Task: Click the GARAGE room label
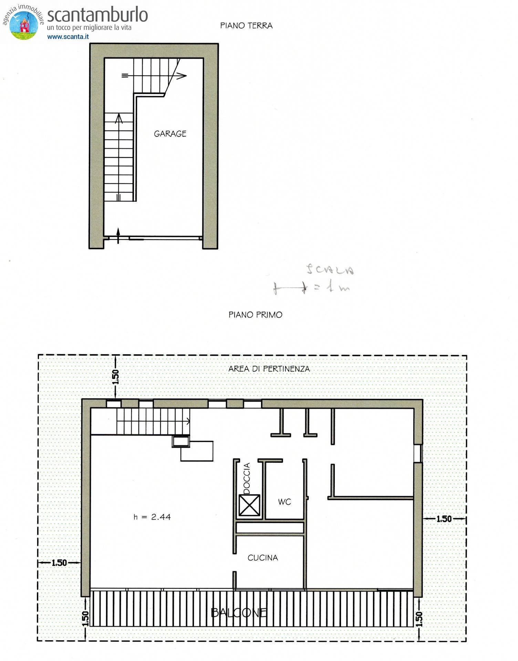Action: click(170, 134)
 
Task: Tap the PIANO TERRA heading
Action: click(246, 25)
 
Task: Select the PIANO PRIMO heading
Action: click(255, 315)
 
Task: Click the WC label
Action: click(284, 502)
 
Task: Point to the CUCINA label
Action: click(262, 558)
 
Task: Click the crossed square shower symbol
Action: click(249, 505)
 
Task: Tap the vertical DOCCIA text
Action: click(247, 478)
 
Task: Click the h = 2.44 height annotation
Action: click(152, 517)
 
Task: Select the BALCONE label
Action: click(239, 612)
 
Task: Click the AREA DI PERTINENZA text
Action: click(269, 369)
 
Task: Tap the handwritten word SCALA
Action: click(330, 270)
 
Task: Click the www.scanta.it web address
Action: click(68, 36)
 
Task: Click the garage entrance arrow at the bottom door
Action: click(118, 235)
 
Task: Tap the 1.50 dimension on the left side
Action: click(59, 563)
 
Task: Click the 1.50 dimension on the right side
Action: click(444, 518)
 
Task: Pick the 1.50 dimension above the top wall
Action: click(116, 377)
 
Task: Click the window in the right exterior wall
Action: click(418, 453)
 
